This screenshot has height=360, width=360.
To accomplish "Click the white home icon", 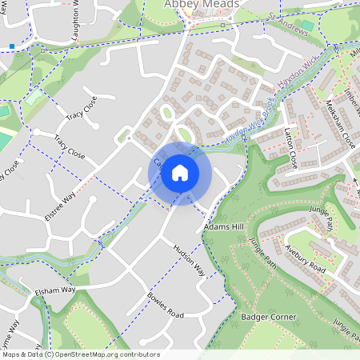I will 180,172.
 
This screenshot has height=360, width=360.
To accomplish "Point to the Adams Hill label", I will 223,227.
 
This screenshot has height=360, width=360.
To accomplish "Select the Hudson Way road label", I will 190,261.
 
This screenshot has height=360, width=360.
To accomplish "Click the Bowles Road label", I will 165,303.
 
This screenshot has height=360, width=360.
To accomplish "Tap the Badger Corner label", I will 268,317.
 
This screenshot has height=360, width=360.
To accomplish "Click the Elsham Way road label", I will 54,290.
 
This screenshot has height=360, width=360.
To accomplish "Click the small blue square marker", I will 12,46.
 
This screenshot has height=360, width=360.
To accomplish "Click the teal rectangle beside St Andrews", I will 306,26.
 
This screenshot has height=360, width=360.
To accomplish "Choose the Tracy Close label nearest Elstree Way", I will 70,147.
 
